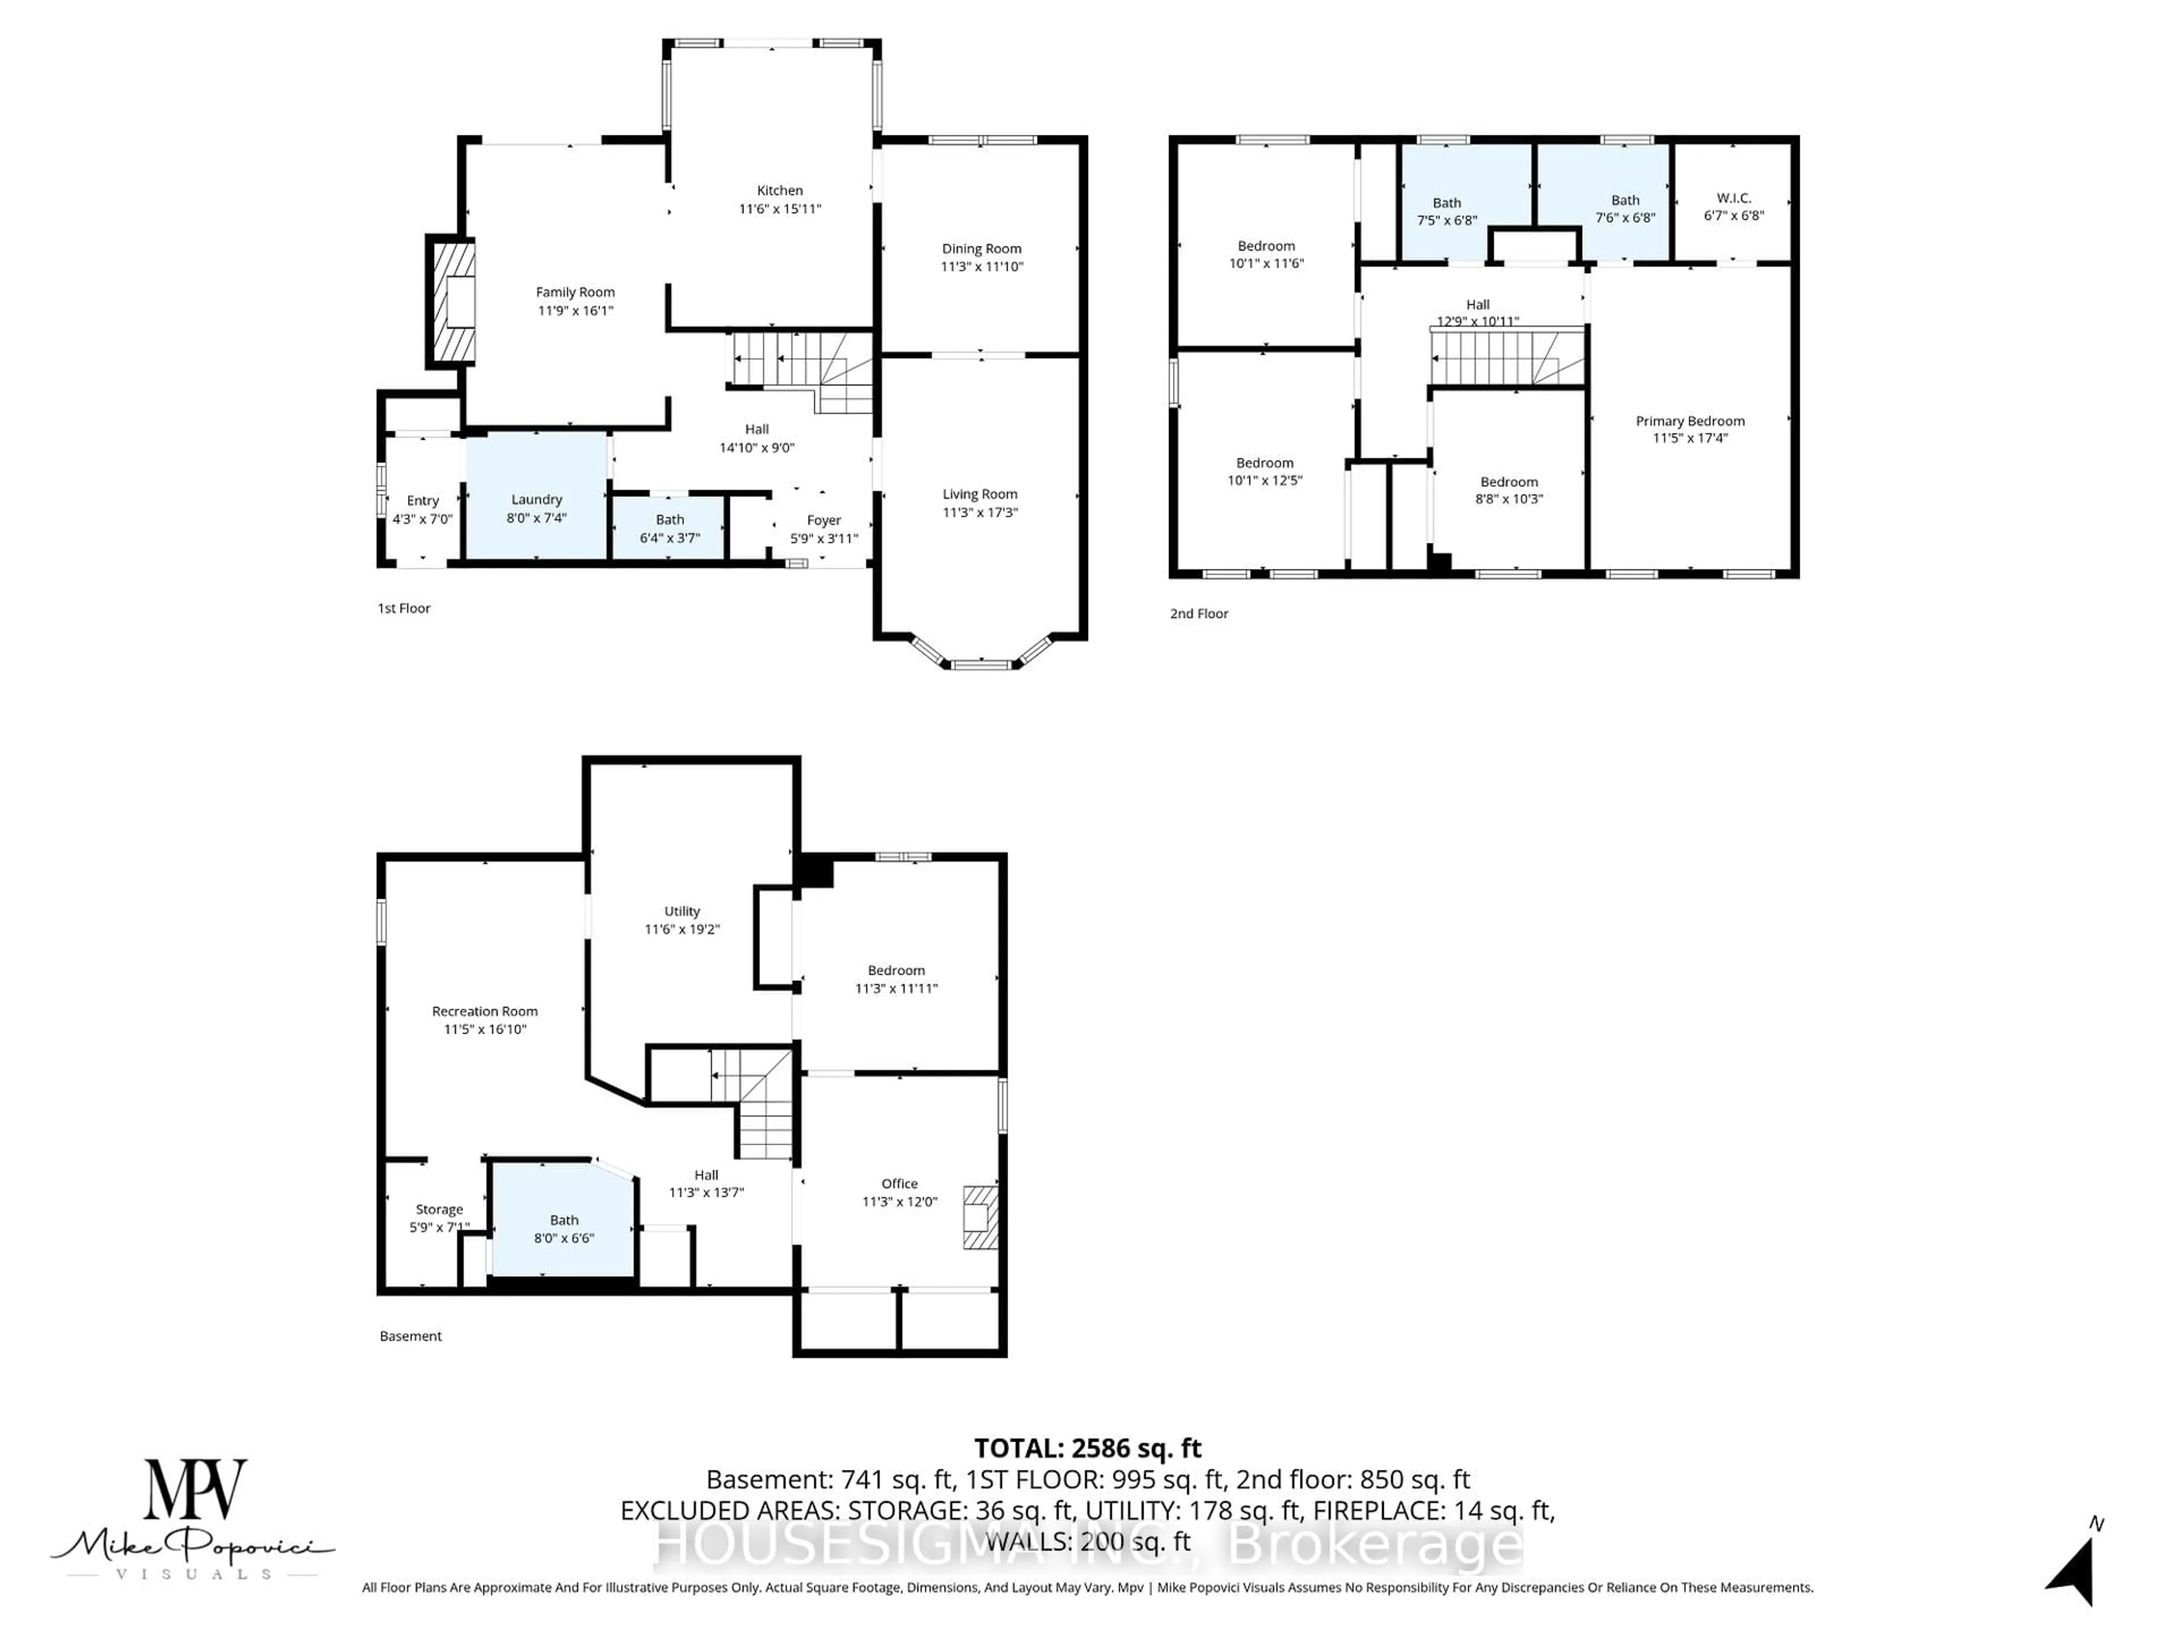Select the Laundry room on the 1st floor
pyautogui.click(x=536, y=498)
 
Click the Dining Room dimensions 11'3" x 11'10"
pyautogui.click(x=982, y=266)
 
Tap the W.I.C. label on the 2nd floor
pyautogui.click(x=1733, y=198)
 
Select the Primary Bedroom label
pyautogui.click(x=1690, y=421)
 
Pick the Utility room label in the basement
pyautogui.click(x=682, y=911)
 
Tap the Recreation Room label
pyautogui.click(x=485, y=1011)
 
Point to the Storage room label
pyautogui.click(x=439, y=1210)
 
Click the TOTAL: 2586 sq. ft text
pyautogui.click(x=1087, y=1448)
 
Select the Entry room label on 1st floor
pyautogui.click(x=422, y=501)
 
